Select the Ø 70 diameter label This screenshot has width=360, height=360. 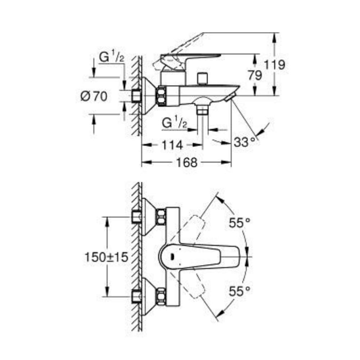tap(94, 96)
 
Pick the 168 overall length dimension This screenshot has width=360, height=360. tap(187, 162)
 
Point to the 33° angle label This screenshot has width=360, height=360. tap(246, 141)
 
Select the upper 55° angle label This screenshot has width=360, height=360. tap(239, 224)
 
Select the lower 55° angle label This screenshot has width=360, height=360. tap(239, 291)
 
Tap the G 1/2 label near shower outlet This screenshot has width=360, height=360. tap(174, 123)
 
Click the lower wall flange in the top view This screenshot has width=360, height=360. tap(149, 296)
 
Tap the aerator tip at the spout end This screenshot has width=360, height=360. tap(229, 98)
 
